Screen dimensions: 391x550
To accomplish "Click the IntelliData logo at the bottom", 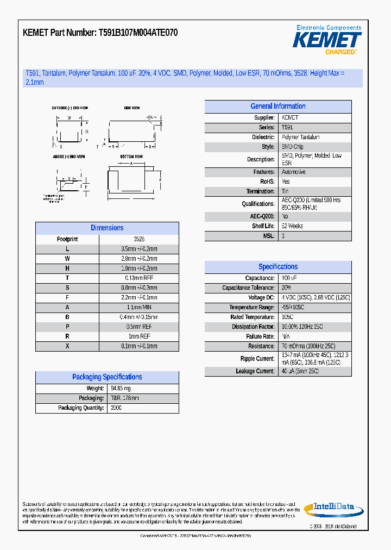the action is (x=333, y=508).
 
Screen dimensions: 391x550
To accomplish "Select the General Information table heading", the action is (x=278, y=107).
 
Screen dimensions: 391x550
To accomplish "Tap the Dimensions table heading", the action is (x=107, y=228).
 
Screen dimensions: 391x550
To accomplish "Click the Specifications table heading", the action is (x=278, y=267).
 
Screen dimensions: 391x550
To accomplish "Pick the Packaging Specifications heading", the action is (x=107, y=377).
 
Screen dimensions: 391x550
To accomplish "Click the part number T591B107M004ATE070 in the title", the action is (x=138, y=33).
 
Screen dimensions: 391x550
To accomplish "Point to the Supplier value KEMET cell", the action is (x=290, y=118).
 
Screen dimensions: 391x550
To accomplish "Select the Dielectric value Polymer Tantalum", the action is (x=300, y=137).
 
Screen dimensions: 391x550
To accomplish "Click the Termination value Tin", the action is (x=285, y=191).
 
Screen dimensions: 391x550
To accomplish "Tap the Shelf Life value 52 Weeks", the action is (x=292, y=226).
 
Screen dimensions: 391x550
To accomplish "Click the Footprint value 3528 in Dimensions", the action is (x=138, y=239).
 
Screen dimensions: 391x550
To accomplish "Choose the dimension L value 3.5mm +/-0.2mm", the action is (x=138, y=249).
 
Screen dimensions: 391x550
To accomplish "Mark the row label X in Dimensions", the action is (x=67, y=346).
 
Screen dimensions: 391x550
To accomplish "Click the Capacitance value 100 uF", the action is (x=289, y=278).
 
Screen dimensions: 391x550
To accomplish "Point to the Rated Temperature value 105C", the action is (x=287, y=317).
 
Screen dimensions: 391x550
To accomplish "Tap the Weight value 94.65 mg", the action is (x=121, y=389).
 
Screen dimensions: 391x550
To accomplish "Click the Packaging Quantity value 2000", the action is (x=116, y=408).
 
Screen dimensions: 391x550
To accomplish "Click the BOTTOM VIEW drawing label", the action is (x=131, y=157).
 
